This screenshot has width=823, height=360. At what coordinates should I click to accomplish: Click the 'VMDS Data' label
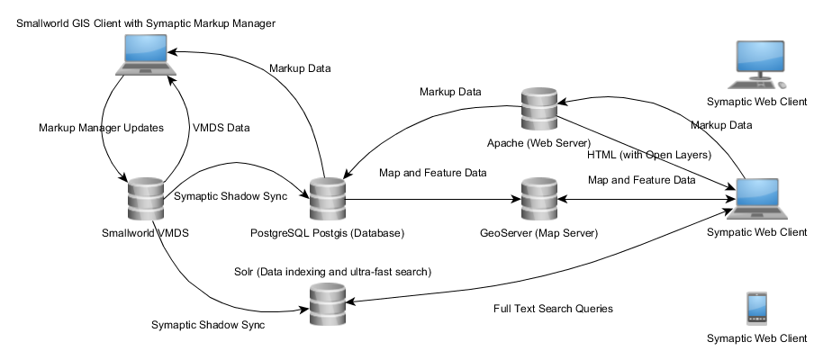[222, 128]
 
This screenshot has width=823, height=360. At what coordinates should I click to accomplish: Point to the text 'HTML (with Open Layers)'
[645, 155]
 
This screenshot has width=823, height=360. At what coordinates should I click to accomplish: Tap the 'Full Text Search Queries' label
[553, 309]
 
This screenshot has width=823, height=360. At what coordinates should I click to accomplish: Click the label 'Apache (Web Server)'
[538, 143]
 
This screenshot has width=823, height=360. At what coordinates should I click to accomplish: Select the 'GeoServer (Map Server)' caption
[538, 233]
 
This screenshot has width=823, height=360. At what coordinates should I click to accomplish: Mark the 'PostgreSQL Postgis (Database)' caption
[325, 233]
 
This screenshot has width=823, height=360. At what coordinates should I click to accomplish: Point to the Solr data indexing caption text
[331, 271]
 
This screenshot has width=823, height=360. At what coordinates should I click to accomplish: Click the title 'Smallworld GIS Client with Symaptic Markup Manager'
[145, 22]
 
